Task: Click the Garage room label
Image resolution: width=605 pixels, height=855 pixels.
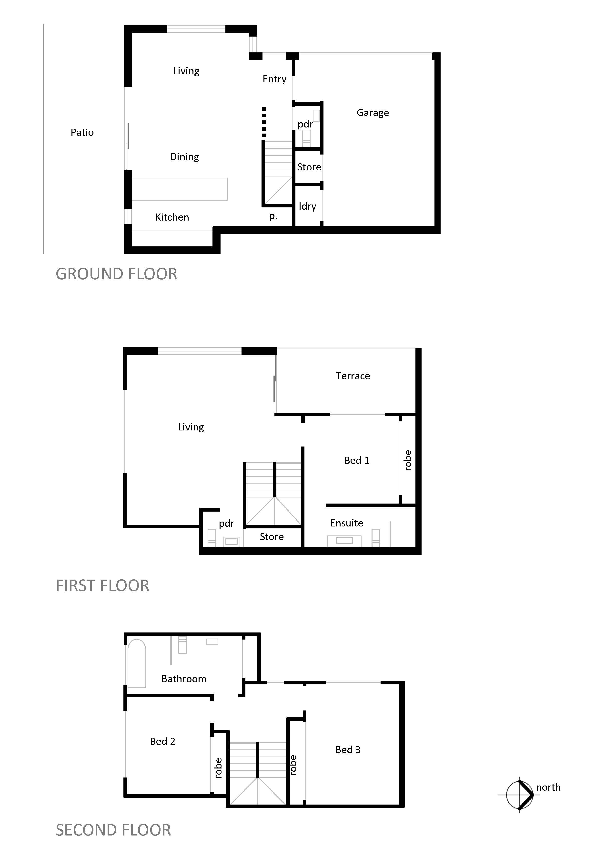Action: point(373,113)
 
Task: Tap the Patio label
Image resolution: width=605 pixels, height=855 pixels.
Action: point(82,133)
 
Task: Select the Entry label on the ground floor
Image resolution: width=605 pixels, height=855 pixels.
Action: point(274,79)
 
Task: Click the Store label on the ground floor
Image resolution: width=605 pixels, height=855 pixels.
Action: point(309,167)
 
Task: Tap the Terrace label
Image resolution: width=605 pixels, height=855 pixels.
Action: point(353,376)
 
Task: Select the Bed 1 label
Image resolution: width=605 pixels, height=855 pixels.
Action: point(357,461)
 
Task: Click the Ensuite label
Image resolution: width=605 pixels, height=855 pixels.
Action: point(347,523)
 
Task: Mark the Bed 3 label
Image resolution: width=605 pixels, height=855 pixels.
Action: point(348,750)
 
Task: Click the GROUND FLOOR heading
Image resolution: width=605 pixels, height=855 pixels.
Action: point(117,274)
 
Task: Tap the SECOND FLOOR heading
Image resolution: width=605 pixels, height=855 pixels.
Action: point(113,830)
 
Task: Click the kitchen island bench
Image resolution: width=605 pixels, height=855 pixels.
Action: point(180,189)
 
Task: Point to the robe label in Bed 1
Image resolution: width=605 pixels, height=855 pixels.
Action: point(408,461)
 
